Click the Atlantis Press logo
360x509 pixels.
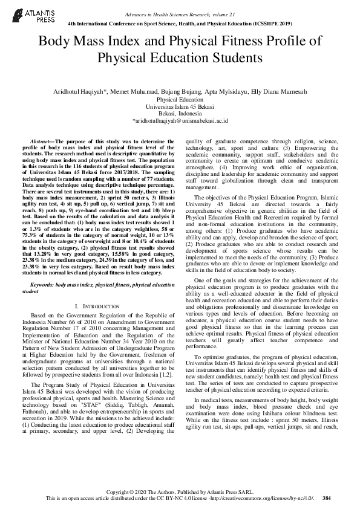tap(24, 15)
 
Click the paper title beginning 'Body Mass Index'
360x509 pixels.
tap(180, 50)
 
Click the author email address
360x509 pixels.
tap(180, 121)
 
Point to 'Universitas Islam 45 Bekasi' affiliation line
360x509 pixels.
tap(180, 106)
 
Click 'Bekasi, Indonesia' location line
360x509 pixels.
tap(180, 113)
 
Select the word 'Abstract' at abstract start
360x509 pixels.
tap(41, 140)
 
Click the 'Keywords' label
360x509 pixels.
tap(41, 283)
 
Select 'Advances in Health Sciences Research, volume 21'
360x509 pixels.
tap(180, 13)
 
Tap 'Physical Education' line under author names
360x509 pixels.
tap(180, 98)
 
